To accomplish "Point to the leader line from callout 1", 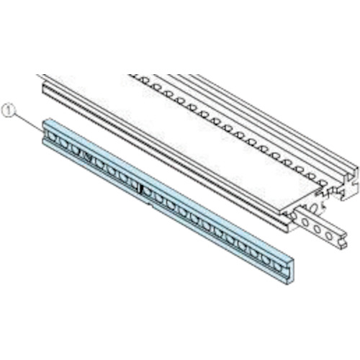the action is pos(28,122).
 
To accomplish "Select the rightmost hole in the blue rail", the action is pos(278,267).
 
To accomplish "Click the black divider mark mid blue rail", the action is pos(141,189).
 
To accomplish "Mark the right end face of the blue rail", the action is pos(290,272).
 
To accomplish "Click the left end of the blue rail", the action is pos(44,132).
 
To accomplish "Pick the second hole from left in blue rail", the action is pos(63,144).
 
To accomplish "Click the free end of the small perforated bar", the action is pos(343,242).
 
